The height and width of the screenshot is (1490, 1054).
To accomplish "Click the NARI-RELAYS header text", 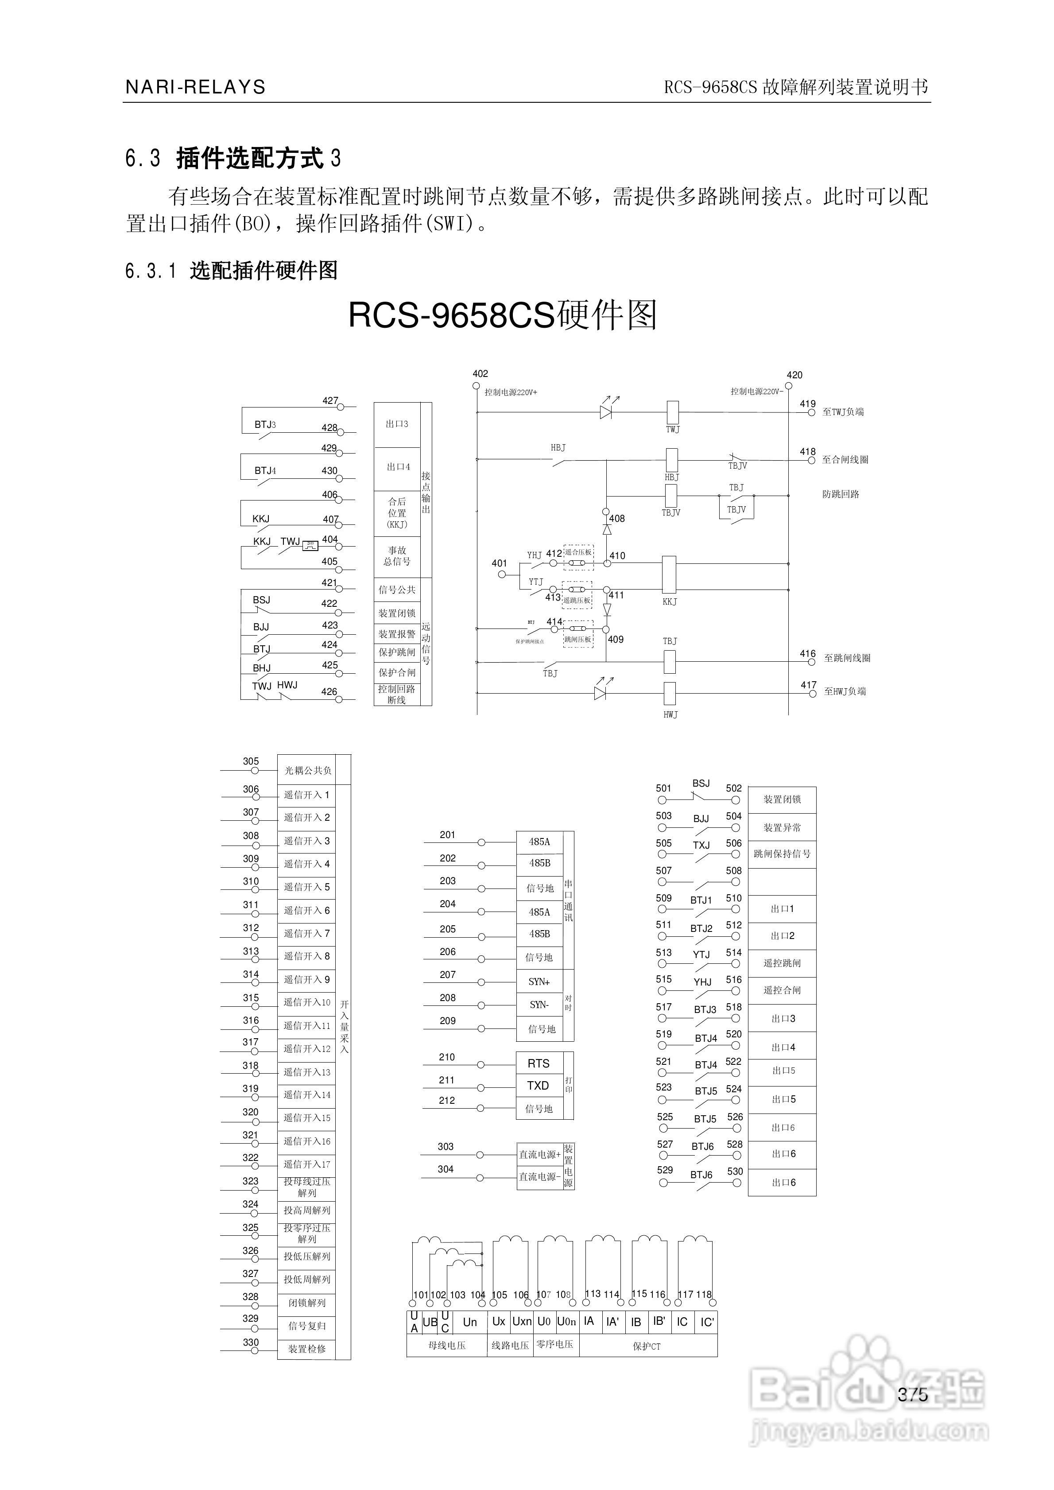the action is tap(195, 87).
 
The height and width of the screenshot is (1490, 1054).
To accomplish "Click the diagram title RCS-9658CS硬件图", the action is tap(503, 315).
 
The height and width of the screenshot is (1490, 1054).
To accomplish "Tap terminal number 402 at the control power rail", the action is tap(480, 374).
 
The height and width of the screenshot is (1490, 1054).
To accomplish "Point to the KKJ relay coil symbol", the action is tap(668, 575).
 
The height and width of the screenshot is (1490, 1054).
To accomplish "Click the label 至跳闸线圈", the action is tap(847, 658).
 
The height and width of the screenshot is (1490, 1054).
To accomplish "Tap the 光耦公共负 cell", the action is tap(308, 770).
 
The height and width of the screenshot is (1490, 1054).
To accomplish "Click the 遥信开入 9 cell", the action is tap(307, 979).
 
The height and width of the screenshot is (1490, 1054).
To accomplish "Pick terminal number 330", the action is tap(251, 1342).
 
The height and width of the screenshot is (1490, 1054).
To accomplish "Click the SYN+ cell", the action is tap(539, 982).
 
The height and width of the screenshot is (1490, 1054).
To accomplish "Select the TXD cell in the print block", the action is tap(538, 1086).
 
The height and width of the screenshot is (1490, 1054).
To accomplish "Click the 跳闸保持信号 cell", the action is tap(782, 854).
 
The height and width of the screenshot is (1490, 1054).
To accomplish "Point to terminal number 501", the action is tap(663, 788).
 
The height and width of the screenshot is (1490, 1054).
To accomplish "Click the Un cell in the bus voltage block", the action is tap(470, 1322).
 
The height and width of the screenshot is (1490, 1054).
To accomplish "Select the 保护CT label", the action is tap(647, 1346).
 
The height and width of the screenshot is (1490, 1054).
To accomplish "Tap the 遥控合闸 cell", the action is tap(782, 990).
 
